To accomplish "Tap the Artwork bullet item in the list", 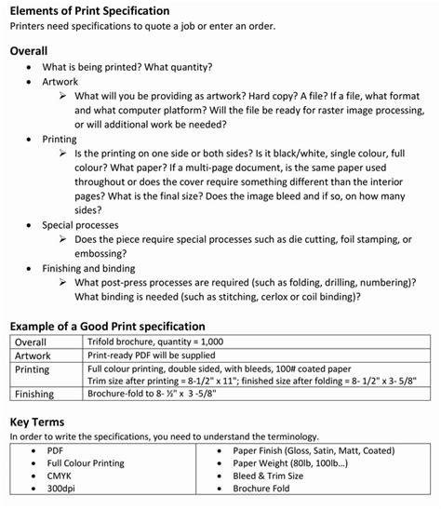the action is (60, 82).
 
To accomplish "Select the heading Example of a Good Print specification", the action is (107, 327).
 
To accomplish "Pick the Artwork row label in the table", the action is (33, 355).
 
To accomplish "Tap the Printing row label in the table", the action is (33, 368).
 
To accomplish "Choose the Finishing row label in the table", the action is (34, 394).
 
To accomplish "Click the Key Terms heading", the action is (37, 421).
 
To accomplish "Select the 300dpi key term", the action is (63, 488).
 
